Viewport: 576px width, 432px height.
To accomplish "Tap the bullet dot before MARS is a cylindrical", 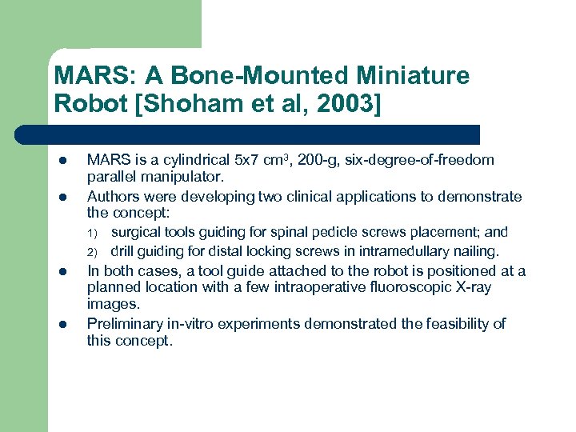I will pos(61,161).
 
